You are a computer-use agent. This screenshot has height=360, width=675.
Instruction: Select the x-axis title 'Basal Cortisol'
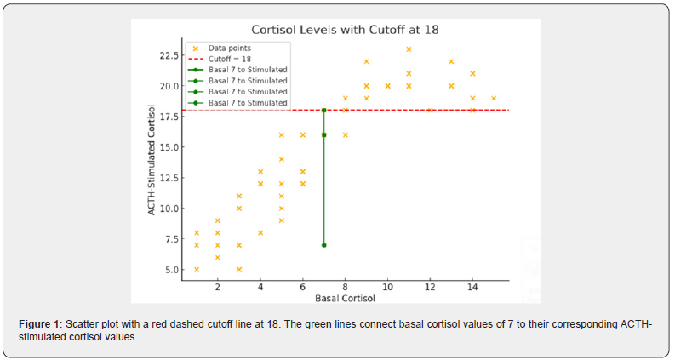(x=344, y=299)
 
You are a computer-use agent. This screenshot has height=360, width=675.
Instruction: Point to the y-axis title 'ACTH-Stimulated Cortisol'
(x=152, y=160)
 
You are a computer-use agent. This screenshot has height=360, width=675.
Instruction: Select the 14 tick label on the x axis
(x=472, y=288)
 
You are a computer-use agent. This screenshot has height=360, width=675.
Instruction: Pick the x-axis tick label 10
(x=387, y=288)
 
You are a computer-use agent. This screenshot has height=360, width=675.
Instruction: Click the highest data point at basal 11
(x=409, y=49)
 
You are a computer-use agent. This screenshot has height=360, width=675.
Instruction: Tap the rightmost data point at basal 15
(x=494, y=98)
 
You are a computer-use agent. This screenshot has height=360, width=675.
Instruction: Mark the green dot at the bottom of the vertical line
(x=324, y=245)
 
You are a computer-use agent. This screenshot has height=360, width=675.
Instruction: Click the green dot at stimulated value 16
(x=324, y=134)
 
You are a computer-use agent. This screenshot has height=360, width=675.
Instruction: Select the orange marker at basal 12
(x=430, y=110)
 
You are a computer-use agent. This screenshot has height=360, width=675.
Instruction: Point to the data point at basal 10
(x=387, y=86)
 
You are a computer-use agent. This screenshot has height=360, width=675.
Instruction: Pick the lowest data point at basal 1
(x=197, y=270)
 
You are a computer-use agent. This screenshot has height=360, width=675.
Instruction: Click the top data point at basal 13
(x=451, y=61)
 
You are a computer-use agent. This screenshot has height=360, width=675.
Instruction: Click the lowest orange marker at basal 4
(x=260, y=232)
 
